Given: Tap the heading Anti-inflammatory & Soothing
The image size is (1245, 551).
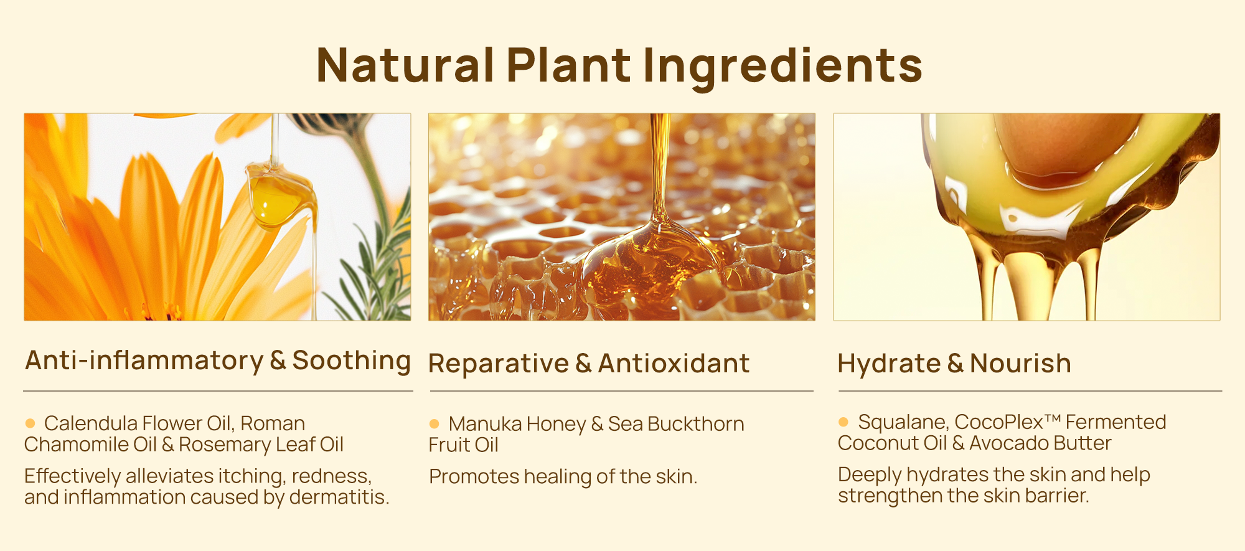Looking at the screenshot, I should pos(218,360).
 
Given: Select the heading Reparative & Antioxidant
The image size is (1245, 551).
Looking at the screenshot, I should pos(589,364).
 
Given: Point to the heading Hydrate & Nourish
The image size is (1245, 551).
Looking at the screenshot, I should pos(954,364).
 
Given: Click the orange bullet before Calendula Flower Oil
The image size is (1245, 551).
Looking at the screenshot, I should pos(30,423).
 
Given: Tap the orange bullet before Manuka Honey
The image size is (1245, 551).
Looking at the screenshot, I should pos(435,424).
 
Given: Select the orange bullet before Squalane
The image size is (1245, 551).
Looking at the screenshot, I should pos(843,422).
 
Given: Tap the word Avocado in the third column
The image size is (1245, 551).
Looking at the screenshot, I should pos(1002,443).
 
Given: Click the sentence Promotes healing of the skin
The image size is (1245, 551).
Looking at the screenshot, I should pos(563,477).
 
